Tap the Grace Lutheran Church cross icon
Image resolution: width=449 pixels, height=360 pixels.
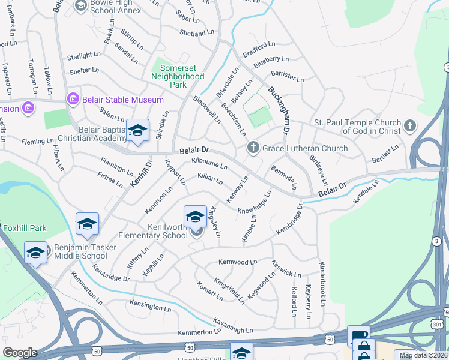253,148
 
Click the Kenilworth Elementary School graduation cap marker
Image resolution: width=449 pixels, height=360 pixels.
195,216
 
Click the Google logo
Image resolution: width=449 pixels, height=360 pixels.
20,353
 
